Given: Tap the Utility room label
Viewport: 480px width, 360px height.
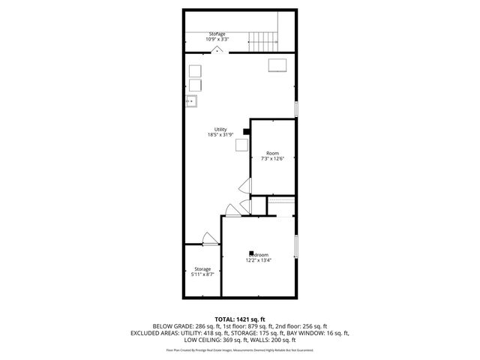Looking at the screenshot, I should click(x=220, y=129).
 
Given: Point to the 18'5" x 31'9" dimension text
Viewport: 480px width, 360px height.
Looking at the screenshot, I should click(x=220, y=135).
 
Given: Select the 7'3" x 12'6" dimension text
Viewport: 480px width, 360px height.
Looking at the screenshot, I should click(x=272, y=159).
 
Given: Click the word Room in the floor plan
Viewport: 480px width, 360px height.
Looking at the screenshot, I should click(x=272, y=153).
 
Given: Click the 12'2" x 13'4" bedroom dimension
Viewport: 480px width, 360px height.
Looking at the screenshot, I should click(x=259, y=261).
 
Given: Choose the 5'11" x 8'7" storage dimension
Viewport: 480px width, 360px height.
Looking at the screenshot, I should click(x=202, y=274).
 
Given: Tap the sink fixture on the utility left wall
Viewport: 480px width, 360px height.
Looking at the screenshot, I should click(x=192, y=100).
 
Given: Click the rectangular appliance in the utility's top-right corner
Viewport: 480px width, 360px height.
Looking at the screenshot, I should click(x=278, y=64).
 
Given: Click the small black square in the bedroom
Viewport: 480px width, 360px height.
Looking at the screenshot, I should click(x=252, y=253).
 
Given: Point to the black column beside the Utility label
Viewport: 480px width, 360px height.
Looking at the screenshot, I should click(x=247, y=132).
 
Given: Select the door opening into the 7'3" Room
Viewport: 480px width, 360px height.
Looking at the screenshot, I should click(x=244, y=186).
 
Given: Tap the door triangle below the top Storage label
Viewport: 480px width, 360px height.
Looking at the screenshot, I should click(x=217, y=49).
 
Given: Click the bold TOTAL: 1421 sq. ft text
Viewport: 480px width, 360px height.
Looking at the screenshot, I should click(x=240, y=319).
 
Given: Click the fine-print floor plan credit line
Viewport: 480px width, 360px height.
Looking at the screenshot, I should click(x=240, y=349).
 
